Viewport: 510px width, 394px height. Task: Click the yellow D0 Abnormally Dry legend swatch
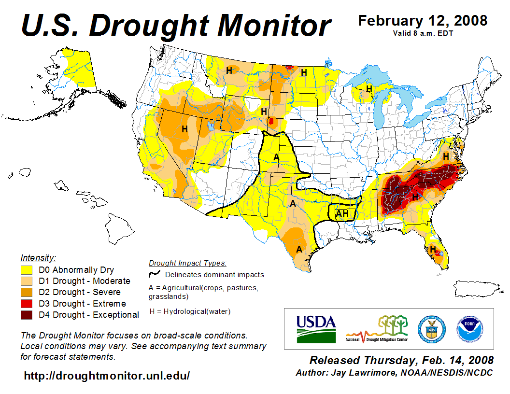(x=27, y=270)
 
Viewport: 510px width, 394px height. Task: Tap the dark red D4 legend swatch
(x=27, y=315)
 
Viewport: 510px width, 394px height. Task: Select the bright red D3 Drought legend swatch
(x=27, y=304)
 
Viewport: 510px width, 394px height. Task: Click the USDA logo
(x=316, y=328)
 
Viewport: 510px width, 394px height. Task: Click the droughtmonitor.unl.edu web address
(x=107, y=376)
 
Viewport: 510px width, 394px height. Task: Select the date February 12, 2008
(x=423, y=21)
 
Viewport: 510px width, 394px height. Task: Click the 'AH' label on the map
(x=342, y=213)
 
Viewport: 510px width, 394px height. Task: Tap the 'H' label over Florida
(x=433, y=249)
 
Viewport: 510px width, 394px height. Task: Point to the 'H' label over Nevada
(x=184, y=129)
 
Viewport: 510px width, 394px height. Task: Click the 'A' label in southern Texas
(x=299, y=249)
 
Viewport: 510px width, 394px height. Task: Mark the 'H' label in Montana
(x=229, y=70)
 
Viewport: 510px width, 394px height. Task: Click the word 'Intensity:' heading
(x=38, y=258)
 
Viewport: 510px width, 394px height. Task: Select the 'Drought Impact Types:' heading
(x=187, y=263)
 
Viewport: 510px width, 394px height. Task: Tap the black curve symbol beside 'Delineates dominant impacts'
(x=154, y=274)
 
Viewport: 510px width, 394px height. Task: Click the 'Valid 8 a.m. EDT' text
(x=423, y=33)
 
